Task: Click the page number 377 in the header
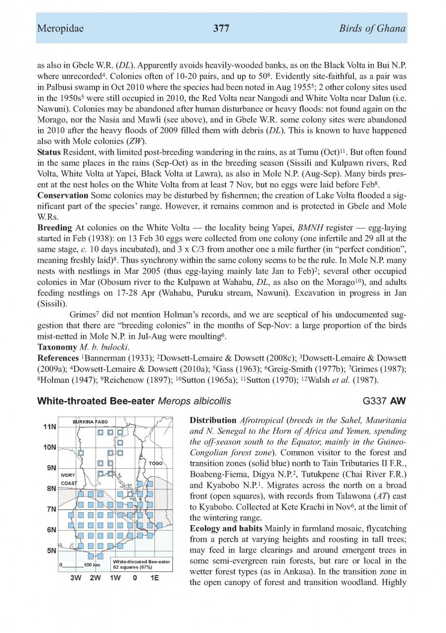221,29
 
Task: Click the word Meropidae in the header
60,29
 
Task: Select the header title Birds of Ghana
372,29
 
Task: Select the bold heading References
58,356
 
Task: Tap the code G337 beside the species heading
375,401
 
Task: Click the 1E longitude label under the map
154,577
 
